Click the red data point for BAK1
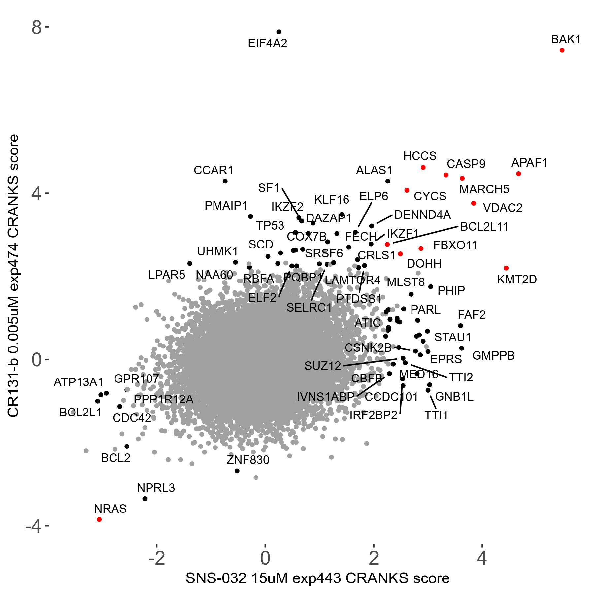pyautogui.click(x=562, y=50)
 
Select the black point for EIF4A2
pyautogui.click(x=279, y=32)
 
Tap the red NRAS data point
pyautogui.click(x=99, y=519)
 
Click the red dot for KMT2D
pyautogui.click(x=506, y=268)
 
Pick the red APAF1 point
pyautogui.click(x=518, y=174)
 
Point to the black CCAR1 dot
pyautogui.click(x=225, y=181)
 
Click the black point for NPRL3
pyautogui.click(x=145, y=499)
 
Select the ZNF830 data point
pyautogui.click(x=237, y=471)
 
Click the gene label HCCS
pyautogui.click(x=420, y=156)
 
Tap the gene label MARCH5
pyautogui.click(x=484, y=189)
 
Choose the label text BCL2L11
pyautogui.click(x=484, y=227)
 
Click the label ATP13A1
pyautogui.click(x=79, y=382)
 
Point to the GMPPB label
pyautogui.click(x=493, y=356)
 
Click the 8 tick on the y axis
pyautogui.click(x=37, y=28)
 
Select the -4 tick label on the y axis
pyautogui.click(x=33, y=526)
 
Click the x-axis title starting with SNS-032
pyautogui.click(x=317, y=578)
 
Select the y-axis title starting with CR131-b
pyautogui.click(x=14, y=276)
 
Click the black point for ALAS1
pyautogui.click(x=388, y=181)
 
